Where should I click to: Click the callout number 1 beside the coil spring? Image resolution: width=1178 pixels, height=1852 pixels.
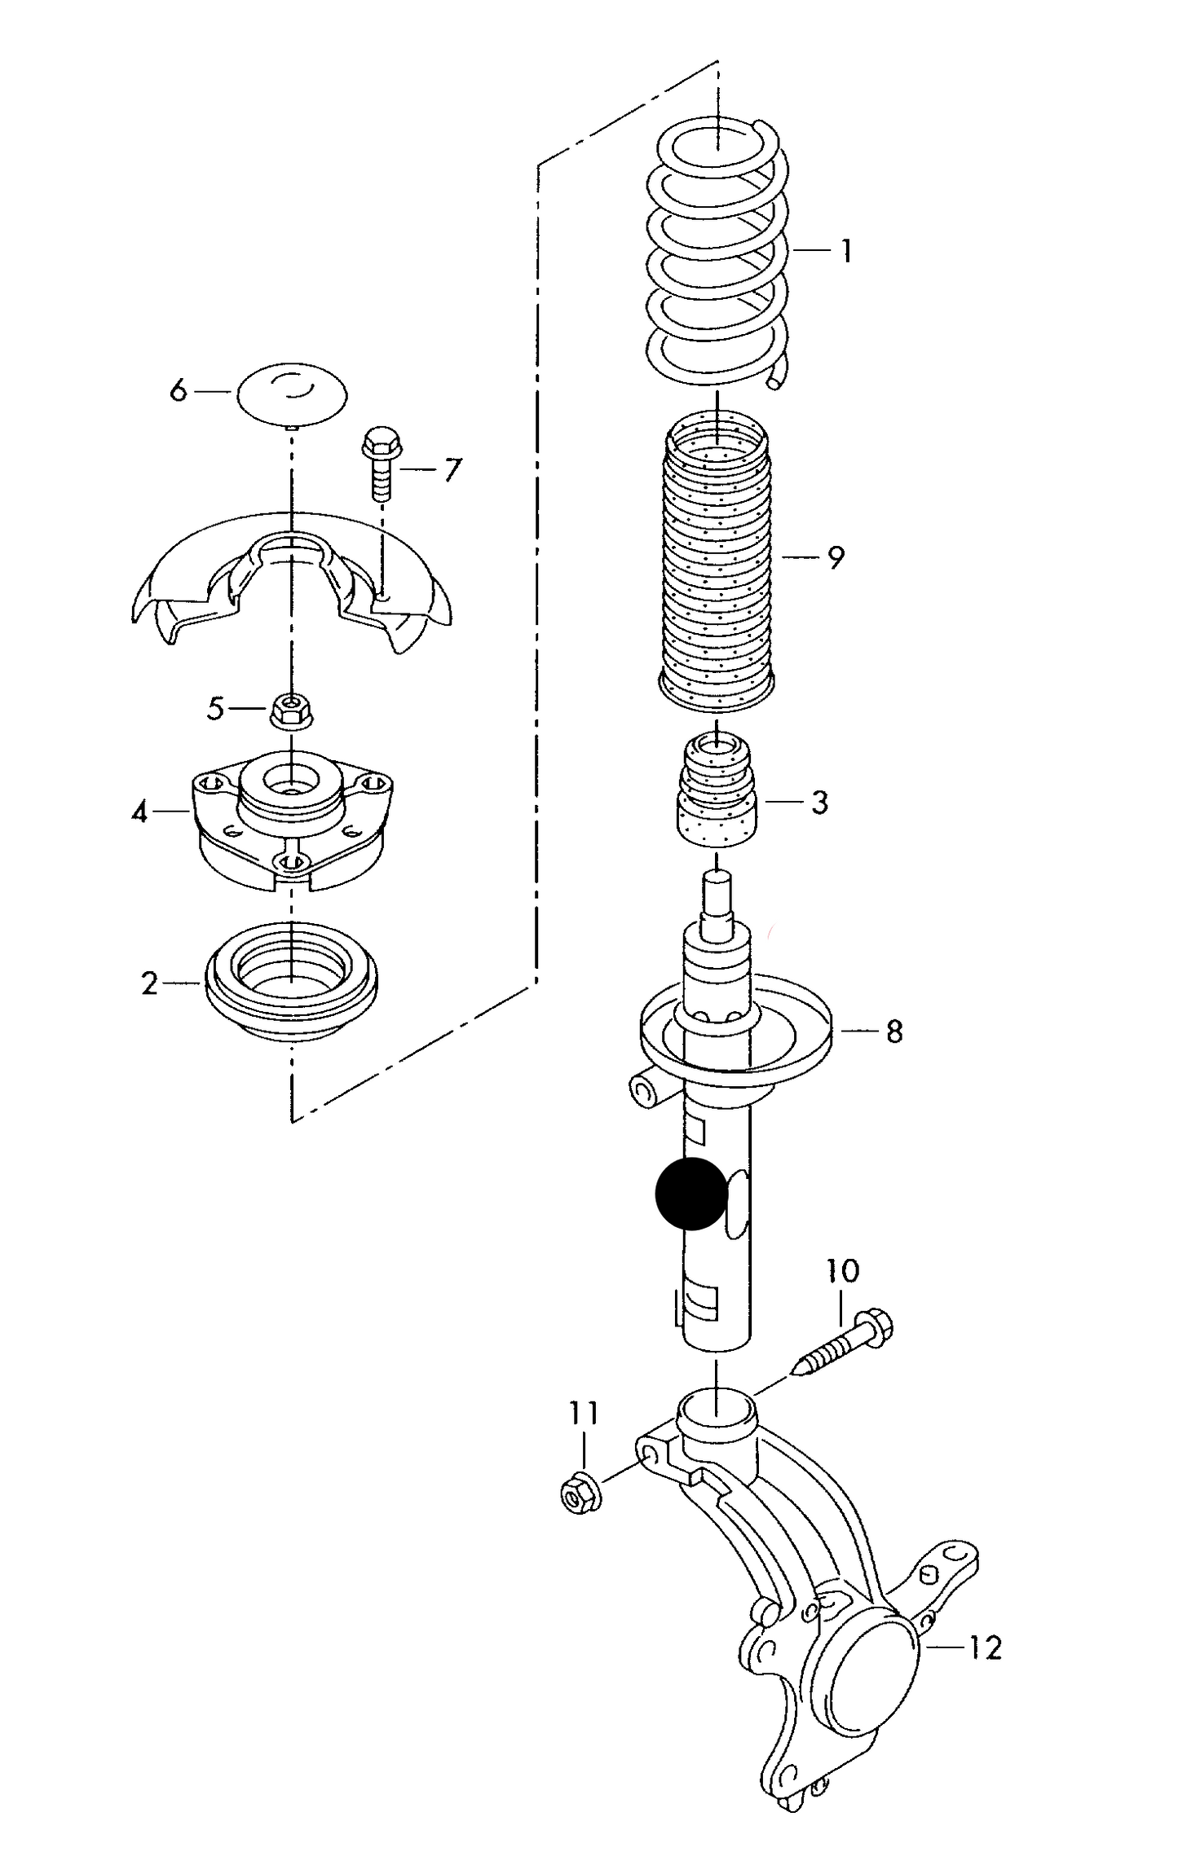click(x=846, y=250)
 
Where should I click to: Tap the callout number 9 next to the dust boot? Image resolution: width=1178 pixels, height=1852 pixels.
click(x=835, y=558)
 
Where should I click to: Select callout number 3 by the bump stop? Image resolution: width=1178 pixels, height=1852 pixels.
click(x=819, y=803)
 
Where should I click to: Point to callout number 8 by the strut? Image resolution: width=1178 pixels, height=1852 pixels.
click(x=894, y=1032)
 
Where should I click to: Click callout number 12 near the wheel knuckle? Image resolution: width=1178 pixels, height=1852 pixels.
click(x=984, y=1648)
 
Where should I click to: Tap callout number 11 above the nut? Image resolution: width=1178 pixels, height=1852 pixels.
click(x=584, y=1413)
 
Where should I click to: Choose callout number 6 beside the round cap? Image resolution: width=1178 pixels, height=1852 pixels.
click(x=179, y=391)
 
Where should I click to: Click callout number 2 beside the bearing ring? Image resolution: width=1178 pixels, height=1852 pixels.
click(x=149, y=983)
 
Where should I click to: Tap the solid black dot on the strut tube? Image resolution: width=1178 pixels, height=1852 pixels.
click(x=690, y=1194)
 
